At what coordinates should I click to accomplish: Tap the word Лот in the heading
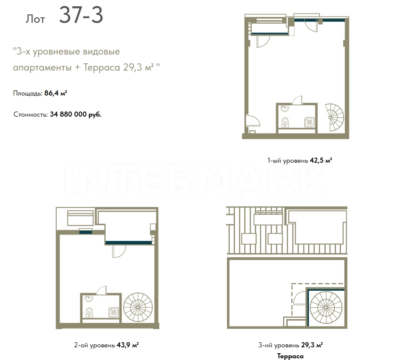point(35,19)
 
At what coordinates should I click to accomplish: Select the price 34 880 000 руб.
point(76,115)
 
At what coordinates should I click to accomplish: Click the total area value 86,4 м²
point(56,93)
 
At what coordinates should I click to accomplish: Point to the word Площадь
point(27,93)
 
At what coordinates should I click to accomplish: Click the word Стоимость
point(30,115)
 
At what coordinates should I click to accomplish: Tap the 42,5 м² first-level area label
point(321,160)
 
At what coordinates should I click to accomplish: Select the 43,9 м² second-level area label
point(128,345)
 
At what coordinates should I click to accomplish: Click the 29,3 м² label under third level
point(312,345)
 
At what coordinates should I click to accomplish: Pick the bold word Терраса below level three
point(290,356)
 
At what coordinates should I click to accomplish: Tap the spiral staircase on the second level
point(138,307)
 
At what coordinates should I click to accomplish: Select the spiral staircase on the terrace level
point(326,307)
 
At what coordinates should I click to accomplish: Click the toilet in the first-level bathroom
point(285,122)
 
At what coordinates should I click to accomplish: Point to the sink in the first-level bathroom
point(285,109)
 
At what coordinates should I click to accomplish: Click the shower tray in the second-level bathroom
point(114,312)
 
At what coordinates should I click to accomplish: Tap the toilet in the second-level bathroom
point(90,312)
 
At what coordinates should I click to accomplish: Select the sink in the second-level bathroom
point(89,299)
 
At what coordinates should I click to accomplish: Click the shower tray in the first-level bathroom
point(309,123)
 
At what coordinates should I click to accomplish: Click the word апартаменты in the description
point(42,68)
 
